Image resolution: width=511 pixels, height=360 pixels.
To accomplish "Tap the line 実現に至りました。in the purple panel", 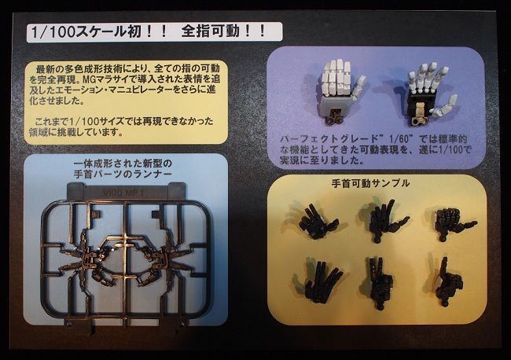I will point(311,160).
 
